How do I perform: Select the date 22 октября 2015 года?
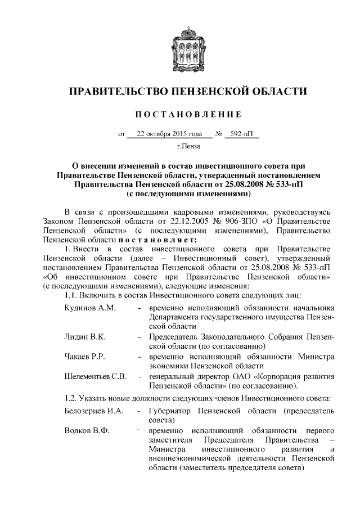pos(169,134)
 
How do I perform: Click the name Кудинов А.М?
pos(90,308)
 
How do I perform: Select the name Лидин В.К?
pos(85,336)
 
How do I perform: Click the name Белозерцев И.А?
pos(93,412)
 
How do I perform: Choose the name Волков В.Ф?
pos(87,431)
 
